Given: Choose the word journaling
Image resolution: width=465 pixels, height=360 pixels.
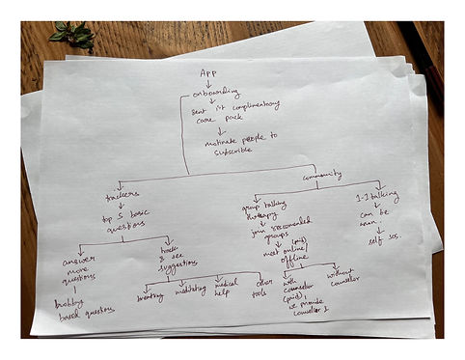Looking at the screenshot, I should [150, 299].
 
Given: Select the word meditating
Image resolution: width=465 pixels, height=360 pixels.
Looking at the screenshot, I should [191, 290].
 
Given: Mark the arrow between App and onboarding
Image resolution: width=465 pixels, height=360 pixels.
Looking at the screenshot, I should [208, 85].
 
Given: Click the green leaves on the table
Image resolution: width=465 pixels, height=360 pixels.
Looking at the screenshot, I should [75, 35].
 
